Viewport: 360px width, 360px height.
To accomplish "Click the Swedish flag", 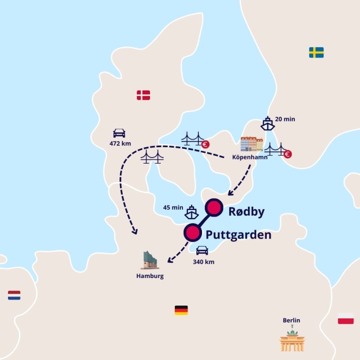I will coord(316,52).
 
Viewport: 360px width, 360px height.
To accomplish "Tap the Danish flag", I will coord(143,95).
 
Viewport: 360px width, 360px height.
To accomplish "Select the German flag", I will coord(181,310).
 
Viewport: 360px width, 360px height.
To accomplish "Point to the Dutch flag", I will coord(14,295).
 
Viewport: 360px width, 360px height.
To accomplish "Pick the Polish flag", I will coord(345,319).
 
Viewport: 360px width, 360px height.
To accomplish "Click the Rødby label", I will coord(246,211).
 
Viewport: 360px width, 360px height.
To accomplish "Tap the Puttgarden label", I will coord(239,234).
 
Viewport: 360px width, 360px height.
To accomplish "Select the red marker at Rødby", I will coord(213,207).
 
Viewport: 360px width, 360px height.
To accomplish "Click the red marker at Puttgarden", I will coord(191,232).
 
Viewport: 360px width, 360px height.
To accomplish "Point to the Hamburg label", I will coord(150,276).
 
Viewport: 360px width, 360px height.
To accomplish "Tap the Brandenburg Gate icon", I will coord(292,340).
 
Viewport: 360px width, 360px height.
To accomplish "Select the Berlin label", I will coord(291,321).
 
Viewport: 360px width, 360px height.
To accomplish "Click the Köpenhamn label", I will coord(250,157).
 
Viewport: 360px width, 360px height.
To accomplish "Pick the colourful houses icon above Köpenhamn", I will coord(251,144).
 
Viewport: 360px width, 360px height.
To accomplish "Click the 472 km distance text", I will coord(120,143).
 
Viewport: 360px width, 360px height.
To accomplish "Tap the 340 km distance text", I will coord(203,262).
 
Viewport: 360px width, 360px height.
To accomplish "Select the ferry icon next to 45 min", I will coord(191,212).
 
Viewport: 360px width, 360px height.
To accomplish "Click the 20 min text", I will coord(285,119).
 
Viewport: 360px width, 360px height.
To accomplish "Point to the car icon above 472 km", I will coord(120,133).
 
